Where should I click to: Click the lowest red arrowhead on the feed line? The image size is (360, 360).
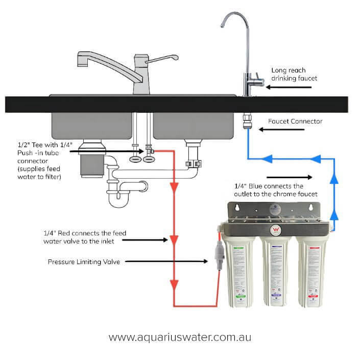[175, 283]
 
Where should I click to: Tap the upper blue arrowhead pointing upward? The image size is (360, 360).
[335, 179]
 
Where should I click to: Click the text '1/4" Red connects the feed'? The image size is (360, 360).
[84, 233]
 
